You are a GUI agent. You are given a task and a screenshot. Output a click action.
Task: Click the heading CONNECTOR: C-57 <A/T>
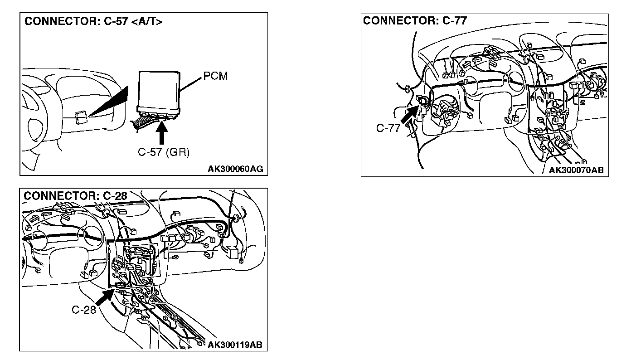point(92,22)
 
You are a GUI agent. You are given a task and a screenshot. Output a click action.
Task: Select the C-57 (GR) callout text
point(164,152)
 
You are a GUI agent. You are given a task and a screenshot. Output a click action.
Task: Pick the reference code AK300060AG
point(235,169)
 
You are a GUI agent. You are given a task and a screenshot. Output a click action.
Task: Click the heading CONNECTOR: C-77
point(415,20)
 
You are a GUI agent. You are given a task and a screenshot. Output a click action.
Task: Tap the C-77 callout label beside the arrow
point(388,128)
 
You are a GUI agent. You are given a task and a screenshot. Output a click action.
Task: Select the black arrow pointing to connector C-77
point(410,114)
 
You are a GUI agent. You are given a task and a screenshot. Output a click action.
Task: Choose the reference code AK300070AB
point(576,170)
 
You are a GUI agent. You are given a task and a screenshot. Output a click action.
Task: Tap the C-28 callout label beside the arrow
point(83,310)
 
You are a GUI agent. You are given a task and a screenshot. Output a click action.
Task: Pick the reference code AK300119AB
point(234,345)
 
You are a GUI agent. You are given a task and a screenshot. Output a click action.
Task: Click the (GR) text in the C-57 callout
point(177,152)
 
